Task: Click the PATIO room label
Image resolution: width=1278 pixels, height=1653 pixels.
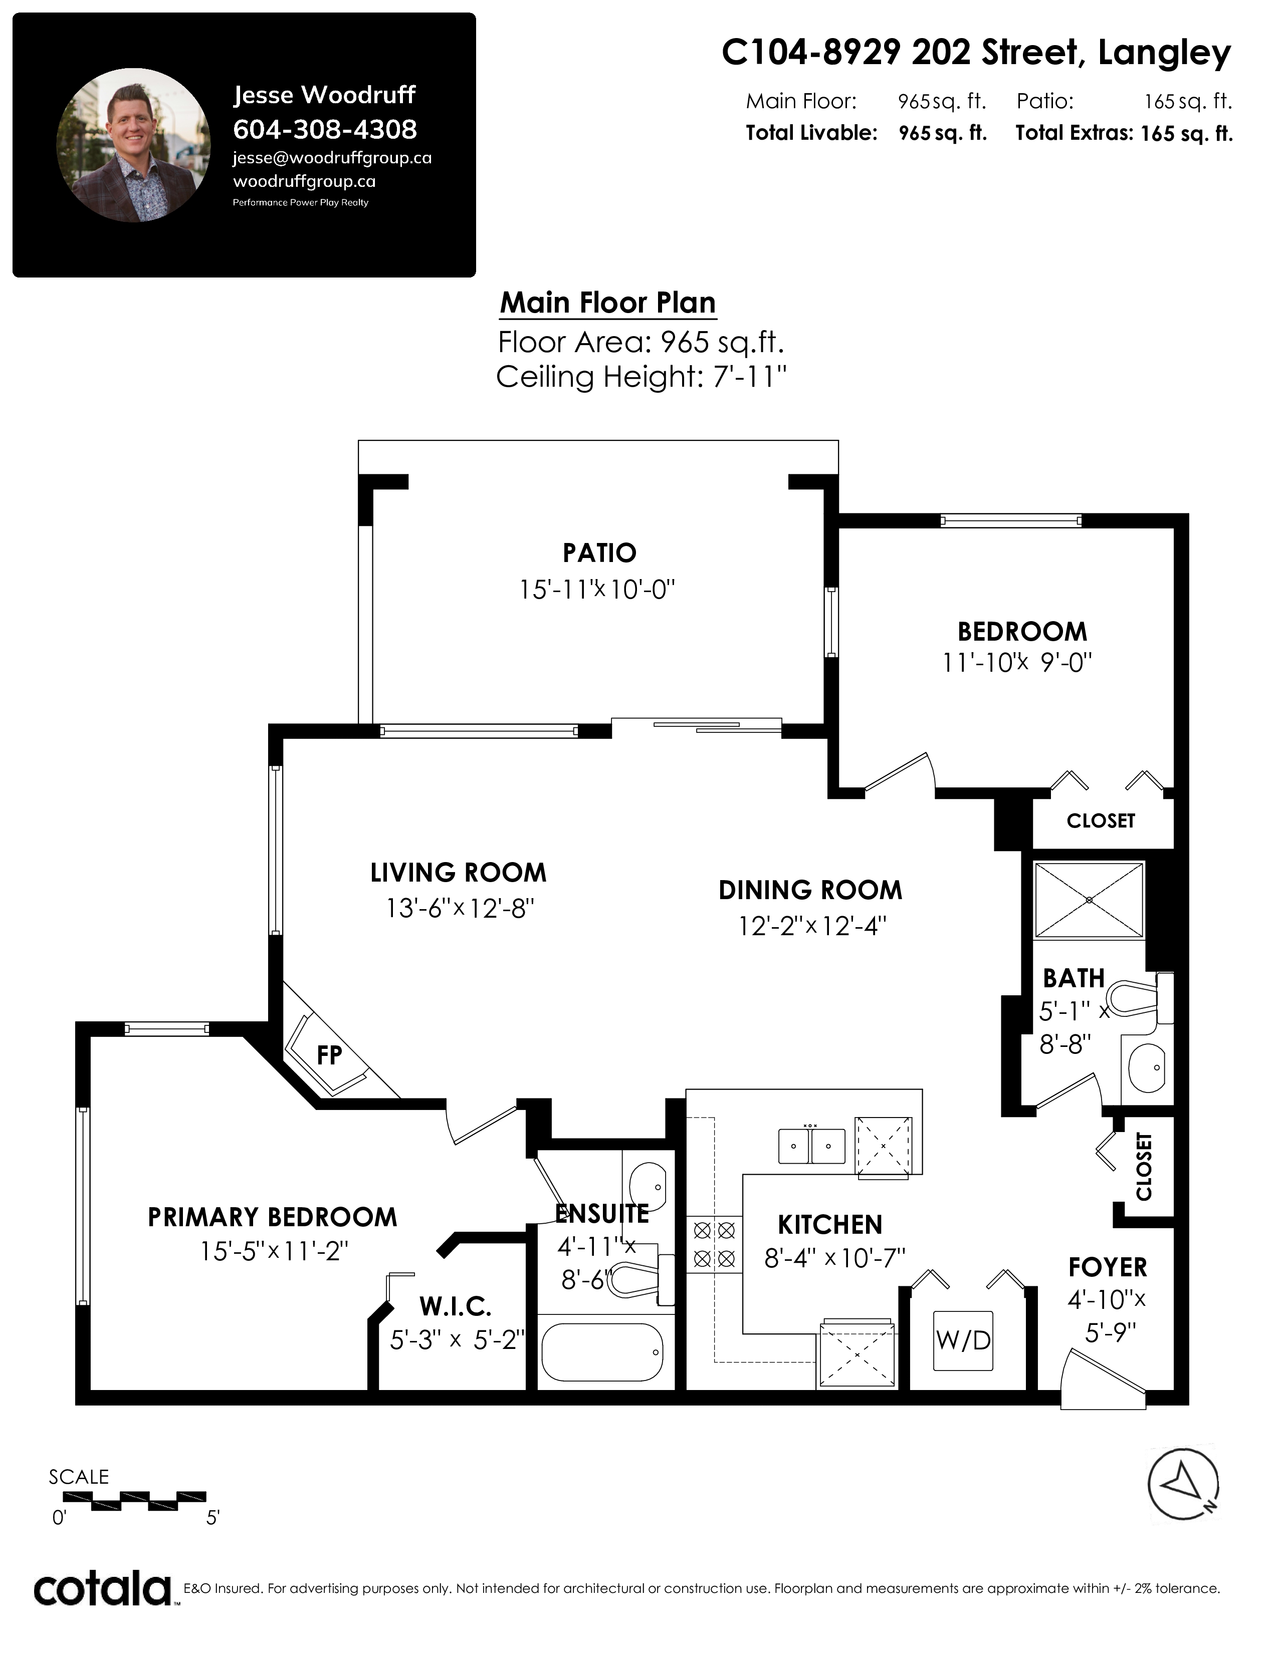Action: point(599,554)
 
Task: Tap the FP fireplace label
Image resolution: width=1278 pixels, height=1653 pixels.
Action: point(329,1055)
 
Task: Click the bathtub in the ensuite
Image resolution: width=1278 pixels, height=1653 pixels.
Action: point(602,1352)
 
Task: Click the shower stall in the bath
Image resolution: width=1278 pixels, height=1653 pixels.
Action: point(1089,900)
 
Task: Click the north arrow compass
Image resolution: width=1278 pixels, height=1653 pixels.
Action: point(1183,1484)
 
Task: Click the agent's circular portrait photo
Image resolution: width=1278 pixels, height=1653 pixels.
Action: point(134,145)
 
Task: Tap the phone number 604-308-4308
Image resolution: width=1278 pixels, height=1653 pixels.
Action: point(325,129)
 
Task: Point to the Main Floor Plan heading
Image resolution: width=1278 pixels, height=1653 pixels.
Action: point(608,303)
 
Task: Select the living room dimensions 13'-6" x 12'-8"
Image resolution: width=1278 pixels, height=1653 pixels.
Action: point(460,908)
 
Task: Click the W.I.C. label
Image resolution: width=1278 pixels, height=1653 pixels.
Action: point(455,1306)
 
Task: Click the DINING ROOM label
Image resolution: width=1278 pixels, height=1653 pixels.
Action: point(810,890)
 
